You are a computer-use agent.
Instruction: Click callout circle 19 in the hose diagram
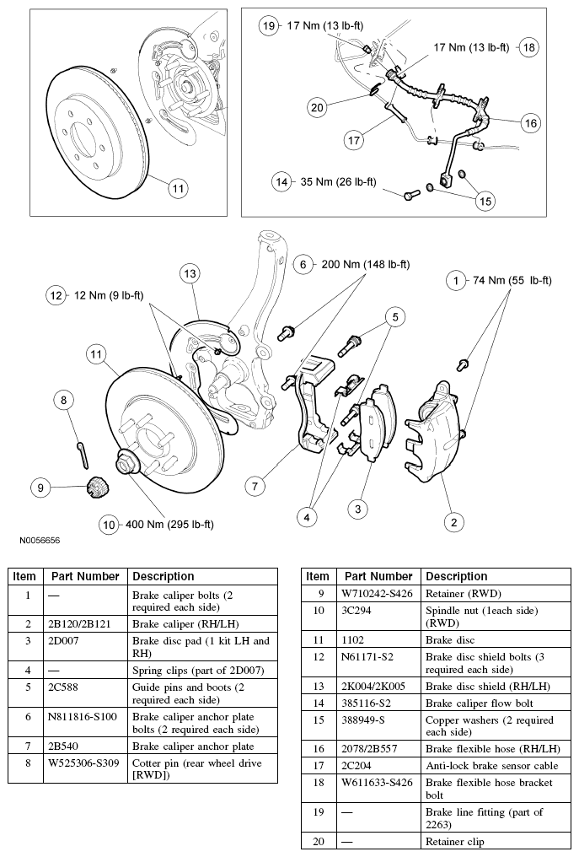click(x=269, y=26)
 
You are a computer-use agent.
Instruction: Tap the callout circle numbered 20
click(x=317, y=107)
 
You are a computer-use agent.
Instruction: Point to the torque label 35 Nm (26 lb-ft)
click(x=337, y=181)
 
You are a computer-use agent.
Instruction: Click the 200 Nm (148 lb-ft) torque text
click(x=366, y=264)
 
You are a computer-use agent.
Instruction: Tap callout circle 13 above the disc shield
click(x=190, y=273)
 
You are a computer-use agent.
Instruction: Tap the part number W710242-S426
click(x=378, y=593)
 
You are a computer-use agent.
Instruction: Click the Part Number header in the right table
click(x=378, y=576)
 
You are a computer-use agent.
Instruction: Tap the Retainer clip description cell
click(x=455, y=841)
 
